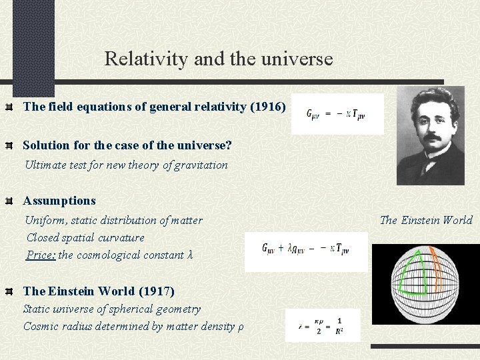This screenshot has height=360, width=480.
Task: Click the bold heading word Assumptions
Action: [x=59, y=201]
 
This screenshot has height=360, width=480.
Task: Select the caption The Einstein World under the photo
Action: [x=426, y=220]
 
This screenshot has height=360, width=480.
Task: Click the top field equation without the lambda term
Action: [x=336, y=114]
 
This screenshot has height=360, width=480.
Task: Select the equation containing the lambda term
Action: [x=305, y=249]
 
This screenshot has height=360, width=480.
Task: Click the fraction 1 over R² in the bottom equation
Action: [x=339, y=325]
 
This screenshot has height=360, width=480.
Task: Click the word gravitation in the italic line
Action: [x=199, y=165]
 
